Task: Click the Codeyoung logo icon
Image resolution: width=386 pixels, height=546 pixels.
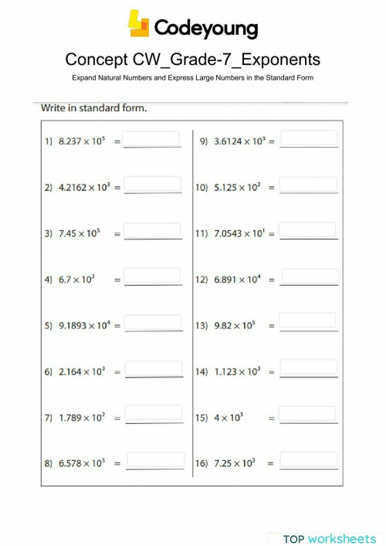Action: [139, 25]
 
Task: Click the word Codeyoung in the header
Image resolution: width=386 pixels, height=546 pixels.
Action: [205, 29]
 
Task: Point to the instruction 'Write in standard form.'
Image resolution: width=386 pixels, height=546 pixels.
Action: [93, 107]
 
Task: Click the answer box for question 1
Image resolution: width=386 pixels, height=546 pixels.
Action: [152, 140]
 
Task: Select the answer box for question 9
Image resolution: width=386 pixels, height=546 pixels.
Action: [309, 139]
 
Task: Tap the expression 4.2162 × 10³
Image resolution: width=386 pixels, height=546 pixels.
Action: [85, 188]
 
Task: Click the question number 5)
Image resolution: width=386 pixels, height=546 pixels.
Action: [48, 326]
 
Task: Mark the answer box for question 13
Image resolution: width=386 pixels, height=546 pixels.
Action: [309, 321]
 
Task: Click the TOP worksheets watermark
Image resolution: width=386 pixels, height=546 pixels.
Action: [329, 538]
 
